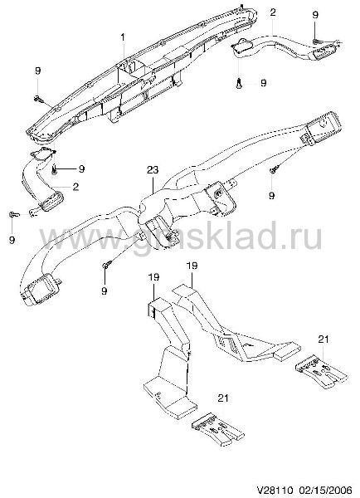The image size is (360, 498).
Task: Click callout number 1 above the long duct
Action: tap(123, 38)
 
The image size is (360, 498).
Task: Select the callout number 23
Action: tap(153, 170)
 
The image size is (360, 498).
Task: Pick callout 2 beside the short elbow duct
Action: tap(75, 187)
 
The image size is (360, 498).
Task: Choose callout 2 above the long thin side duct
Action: tap(273, 12)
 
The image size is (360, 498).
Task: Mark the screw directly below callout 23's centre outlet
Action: tap(107, 264)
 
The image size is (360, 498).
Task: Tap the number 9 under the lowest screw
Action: tap(105, 290)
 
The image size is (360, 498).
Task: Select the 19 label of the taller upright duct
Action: tap(153, 277)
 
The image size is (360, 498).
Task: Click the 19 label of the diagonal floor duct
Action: tap(192, 266)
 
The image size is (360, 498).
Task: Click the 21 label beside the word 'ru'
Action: tap(324, 339)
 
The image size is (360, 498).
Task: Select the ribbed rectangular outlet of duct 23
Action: tap(321, 129)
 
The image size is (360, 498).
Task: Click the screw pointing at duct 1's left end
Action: tap(39, 100)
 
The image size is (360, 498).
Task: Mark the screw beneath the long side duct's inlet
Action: tap(240, 84)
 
